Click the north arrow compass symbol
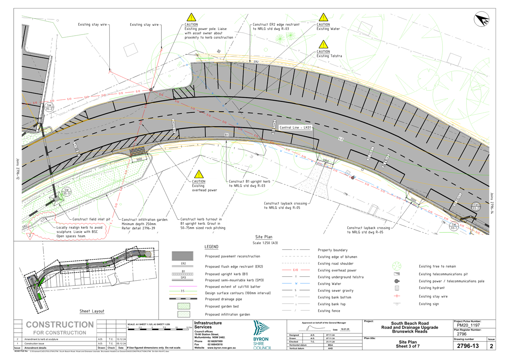click(x=482, y=19)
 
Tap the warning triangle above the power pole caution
click(x=191, y=17)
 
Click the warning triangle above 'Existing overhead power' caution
click(x=198, y=175)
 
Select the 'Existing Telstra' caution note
click(x=329, y=54)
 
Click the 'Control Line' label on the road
click(x=295, y=128)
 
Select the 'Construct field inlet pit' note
click(x=91, y=219)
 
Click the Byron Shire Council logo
click(x=262, y=334)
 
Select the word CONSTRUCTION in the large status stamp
click(x=60, y=325)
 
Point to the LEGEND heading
click(x=212, y=247)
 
